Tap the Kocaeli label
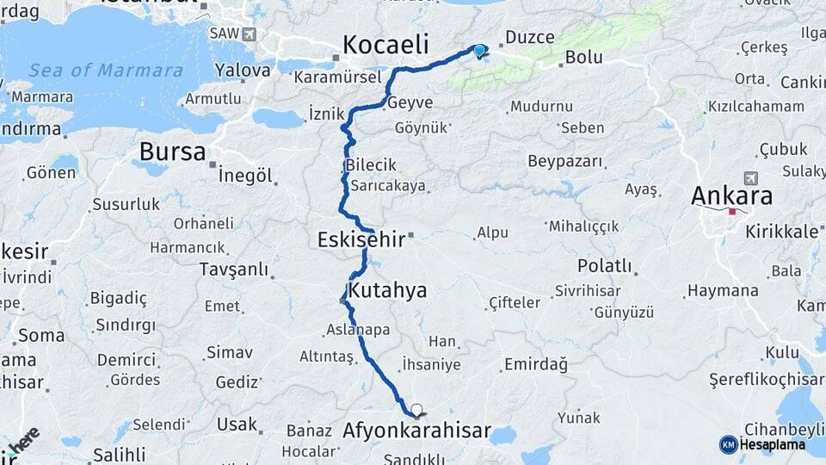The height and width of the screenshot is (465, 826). tap(385, 45)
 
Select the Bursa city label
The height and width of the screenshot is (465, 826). tap(172, 153)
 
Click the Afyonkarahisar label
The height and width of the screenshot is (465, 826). tap(416, 430)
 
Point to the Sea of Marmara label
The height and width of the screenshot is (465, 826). tap(106, 71)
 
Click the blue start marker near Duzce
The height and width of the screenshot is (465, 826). tap(479, 51)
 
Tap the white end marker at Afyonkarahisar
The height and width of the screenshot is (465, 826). tap(417, 411)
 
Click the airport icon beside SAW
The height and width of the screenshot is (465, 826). tap(249, 34)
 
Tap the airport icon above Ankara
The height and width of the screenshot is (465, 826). tap(750, 177)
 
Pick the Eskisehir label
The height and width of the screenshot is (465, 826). tap(361, 239)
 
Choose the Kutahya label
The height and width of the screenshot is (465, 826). tap(387, 290)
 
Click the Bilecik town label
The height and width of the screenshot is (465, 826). tap(371, 164)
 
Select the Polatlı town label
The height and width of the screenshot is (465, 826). tap(605, 265)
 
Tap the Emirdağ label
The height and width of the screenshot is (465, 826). tap(536, 364)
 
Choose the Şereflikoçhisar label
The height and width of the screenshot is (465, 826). tap(766, 379)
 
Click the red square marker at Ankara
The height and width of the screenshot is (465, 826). tap(732, 211)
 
